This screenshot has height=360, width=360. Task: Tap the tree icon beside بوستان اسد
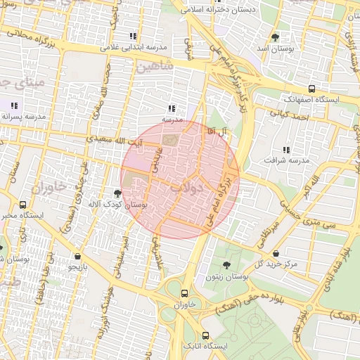click(275, 37)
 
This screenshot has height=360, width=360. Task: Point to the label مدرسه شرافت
click(286, 161)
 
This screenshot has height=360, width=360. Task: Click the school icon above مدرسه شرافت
click(285, 149)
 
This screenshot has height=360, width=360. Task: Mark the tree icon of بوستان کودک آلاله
click(117, 193)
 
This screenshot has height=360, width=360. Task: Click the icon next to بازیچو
click(75, 257)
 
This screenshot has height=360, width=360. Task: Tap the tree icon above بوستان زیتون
click(226, 265)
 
